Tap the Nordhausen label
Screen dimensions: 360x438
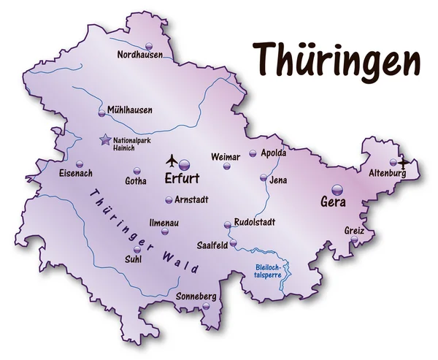(x=139, y=54)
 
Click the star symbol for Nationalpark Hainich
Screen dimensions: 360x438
(x=106, y=139)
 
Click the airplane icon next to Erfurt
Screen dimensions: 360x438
(x=172, y=159)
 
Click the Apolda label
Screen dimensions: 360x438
(x=272, y=153)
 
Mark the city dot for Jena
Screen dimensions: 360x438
(x=264, y=177)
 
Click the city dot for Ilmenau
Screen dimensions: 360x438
(x=165, y=231)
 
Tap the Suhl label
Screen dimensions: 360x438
(x=134, y=258)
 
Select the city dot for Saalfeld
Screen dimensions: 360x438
(x=234, y=242)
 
